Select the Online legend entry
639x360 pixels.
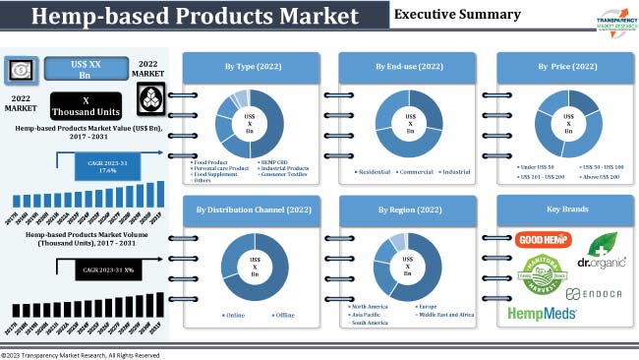pyautogui.click(x=233, y=315)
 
